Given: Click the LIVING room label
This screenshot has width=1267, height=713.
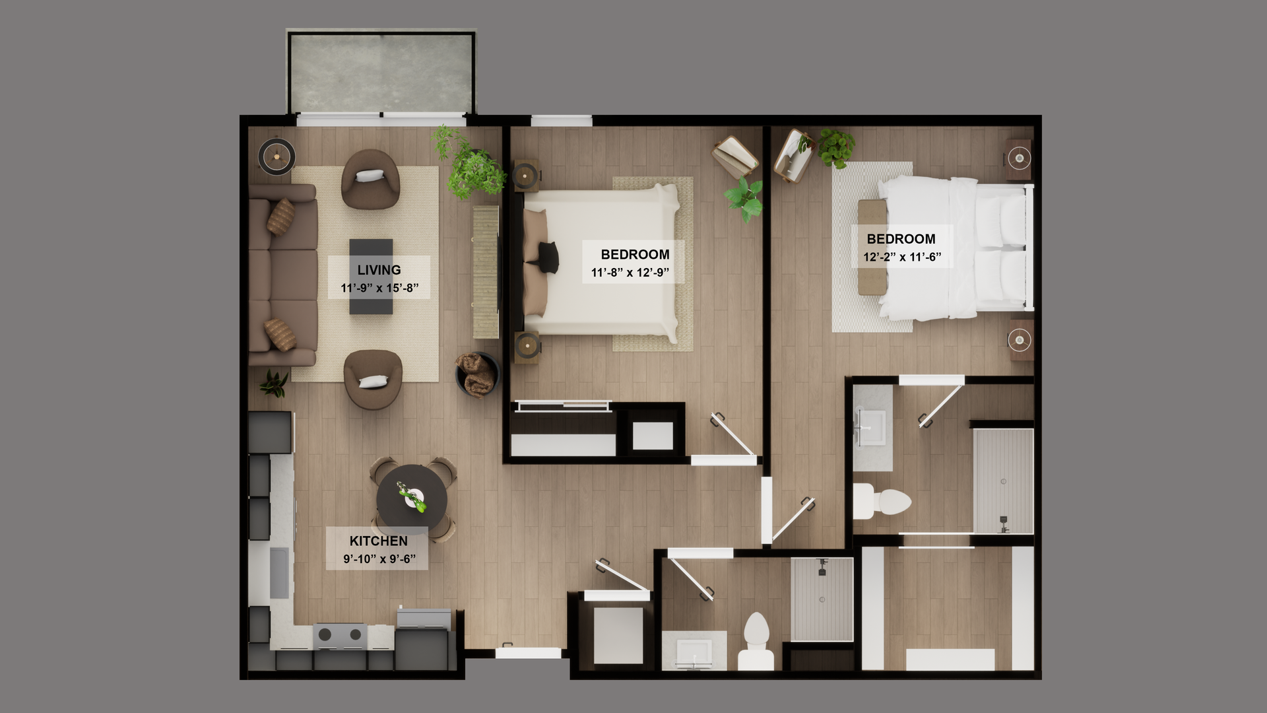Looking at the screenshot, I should (x=379, y=270).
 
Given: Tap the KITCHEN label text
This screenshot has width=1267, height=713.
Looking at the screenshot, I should (x=378, y=541).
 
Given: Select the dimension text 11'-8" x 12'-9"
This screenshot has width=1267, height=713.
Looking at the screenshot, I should (x=630, y=273).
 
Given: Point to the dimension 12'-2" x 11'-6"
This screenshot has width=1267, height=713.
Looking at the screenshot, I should (x=902, y=257).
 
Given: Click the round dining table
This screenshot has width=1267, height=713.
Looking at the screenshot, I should (x=411, y=499).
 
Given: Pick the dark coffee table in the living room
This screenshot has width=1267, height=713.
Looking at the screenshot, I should (x=371, y=276).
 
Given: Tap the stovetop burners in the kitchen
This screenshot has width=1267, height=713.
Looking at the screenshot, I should (x=340, y=634).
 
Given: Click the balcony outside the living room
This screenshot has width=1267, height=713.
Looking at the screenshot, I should (x=381, y=73).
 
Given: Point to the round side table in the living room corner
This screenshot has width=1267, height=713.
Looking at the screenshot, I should (x=276, y=156).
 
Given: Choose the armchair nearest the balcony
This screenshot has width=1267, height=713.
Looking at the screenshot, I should (x=370, y=178).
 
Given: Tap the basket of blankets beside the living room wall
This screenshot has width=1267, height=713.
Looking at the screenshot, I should (x=476, y=375).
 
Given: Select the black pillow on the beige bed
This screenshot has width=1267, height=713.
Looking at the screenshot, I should (x=548, y=257).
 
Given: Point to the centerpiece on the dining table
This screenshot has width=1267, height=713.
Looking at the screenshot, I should (x=412, y=497).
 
